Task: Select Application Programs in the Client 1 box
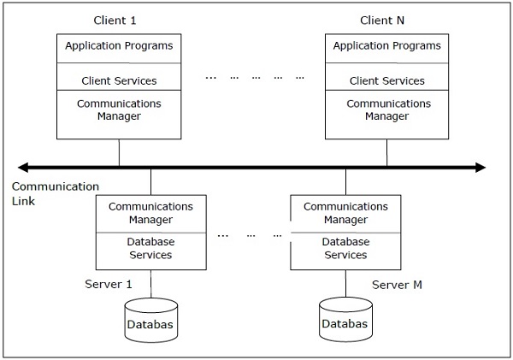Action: tap(119, 46)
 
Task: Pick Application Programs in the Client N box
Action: tap(386, 46)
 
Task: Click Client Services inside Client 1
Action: tap(119, 81)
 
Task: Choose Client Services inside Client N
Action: tap(386, 81)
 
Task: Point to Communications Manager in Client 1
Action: tap(119, 110)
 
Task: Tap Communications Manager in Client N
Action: tap(386, 110)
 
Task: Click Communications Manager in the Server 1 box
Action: tap(150, 213)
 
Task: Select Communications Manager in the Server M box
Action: tap(345, 213)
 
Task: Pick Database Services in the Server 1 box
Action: tap(150, 249)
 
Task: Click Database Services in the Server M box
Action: tap(345, 249)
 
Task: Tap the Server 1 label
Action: tap(109, 284)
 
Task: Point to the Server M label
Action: tap(397, 284)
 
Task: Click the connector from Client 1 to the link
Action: tap(119, 152)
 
